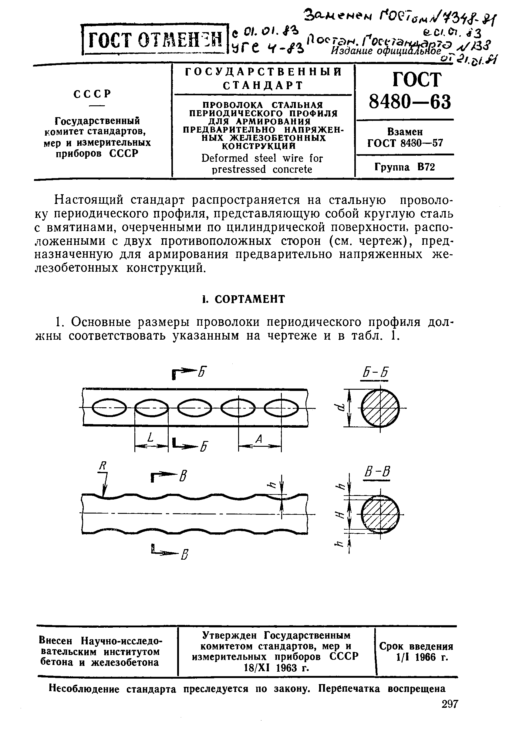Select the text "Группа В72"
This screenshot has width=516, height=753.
coord(405,167)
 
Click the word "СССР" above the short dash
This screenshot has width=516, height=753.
coord(93,94)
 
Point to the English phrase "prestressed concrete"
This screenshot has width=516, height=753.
coord(262,169)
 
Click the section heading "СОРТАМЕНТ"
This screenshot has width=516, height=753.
coord(249,299)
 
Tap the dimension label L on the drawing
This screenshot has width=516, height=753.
coord(150,438)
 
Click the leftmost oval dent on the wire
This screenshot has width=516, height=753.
coord(109,408)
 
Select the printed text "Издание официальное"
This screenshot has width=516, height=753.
coord(386,51)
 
